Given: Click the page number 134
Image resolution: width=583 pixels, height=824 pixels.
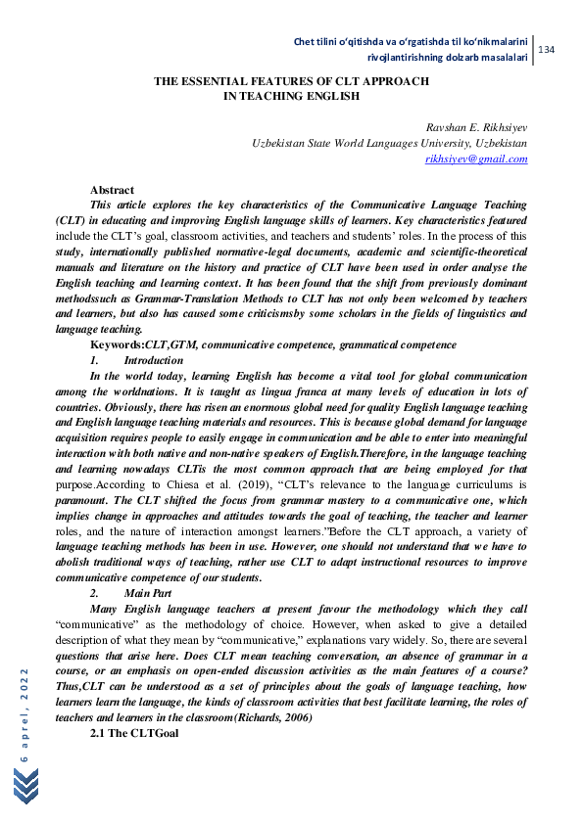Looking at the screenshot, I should tap(547, 49).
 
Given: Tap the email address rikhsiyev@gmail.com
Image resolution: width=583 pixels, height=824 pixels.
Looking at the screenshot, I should tap(476, 159).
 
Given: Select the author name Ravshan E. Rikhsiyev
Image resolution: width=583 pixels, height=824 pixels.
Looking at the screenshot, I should tap(476, 128).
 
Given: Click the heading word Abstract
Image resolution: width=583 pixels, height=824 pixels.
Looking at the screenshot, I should tap(112, 190).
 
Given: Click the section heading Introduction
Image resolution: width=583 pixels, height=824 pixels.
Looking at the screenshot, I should tap(154, 360).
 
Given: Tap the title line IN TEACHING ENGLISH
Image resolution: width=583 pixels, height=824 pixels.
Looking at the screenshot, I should tap(291, 97).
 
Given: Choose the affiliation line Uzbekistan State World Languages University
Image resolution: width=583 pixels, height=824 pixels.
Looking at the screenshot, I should tap(390, 143).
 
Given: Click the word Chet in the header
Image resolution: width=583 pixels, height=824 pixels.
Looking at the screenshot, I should tap(307, 41).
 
